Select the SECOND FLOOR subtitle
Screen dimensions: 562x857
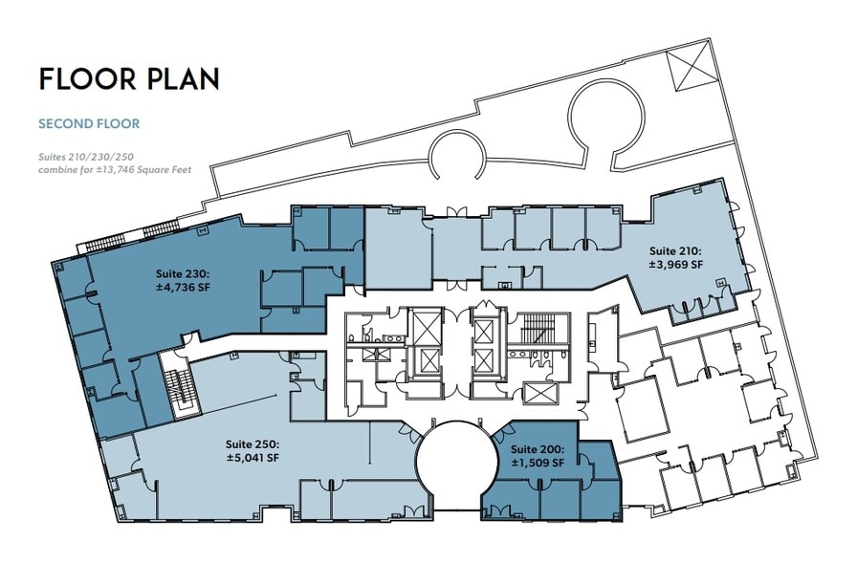(89, 123)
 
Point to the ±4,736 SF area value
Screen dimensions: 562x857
(183, 287)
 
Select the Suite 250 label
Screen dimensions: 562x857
(252, 444)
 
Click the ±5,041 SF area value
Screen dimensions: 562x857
(252, 458)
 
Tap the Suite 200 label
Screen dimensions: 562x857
(537, 449)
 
